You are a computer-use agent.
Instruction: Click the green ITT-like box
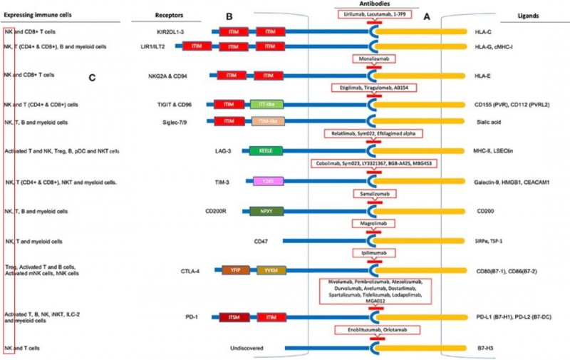(x=267, y=104)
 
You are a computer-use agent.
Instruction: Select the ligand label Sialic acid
(x=488, y=121)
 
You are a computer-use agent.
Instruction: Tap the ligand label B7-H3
(x=484, y=348)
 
